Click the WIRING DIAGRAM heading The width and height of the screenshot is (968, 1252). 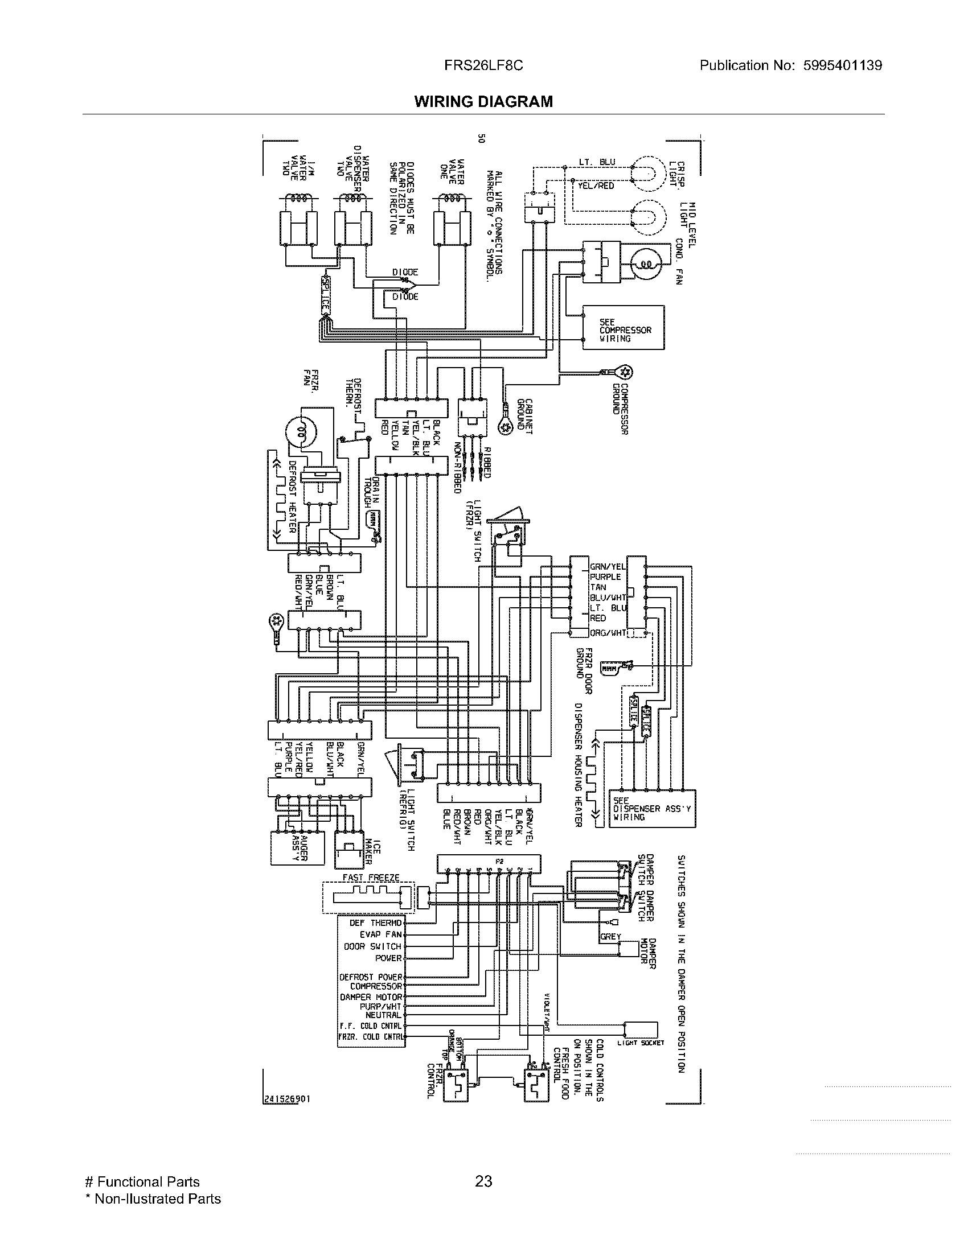click(483, 101)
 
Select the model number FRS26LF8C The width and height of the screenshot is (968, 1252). click(483, 65)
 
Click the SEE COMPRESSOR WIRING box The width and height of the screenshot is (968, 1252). click(624, 327)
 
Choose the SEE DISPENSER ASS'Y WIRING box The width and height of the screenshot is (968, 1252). click(652, 809)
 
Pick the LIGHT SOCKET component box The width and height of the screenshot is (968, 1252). click(641, 1029)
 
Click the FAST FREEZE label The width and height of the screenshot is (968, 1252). click(371, 878)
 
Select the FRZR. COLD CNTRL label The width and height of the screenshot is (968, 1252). click(372, 1036)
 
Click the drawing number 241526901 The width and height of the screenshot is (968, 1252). click(287, 1099)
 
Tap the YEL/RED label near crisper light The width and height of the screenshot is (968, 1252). click(596, 186)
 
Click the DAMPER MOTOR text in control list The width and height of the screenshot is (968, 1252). click(372, 997)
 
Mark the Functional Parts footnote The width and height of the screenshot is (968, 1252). click(142, 1181)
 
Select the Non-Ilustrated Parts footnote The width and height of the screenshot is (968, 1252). click(153, 1199)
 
